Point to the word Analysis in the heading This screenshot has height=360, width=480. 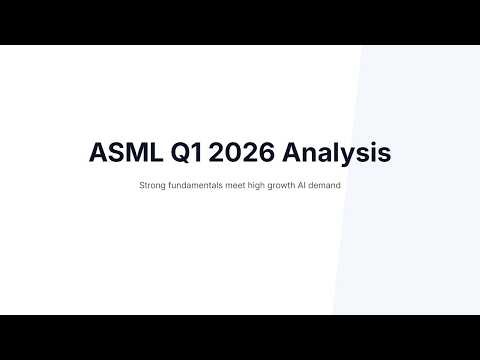[x=336, y=153]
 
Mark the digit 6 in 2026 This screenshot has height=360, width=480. [x=266, y=153]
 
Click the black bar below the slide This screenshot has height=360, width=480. [x=240, y=337]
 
